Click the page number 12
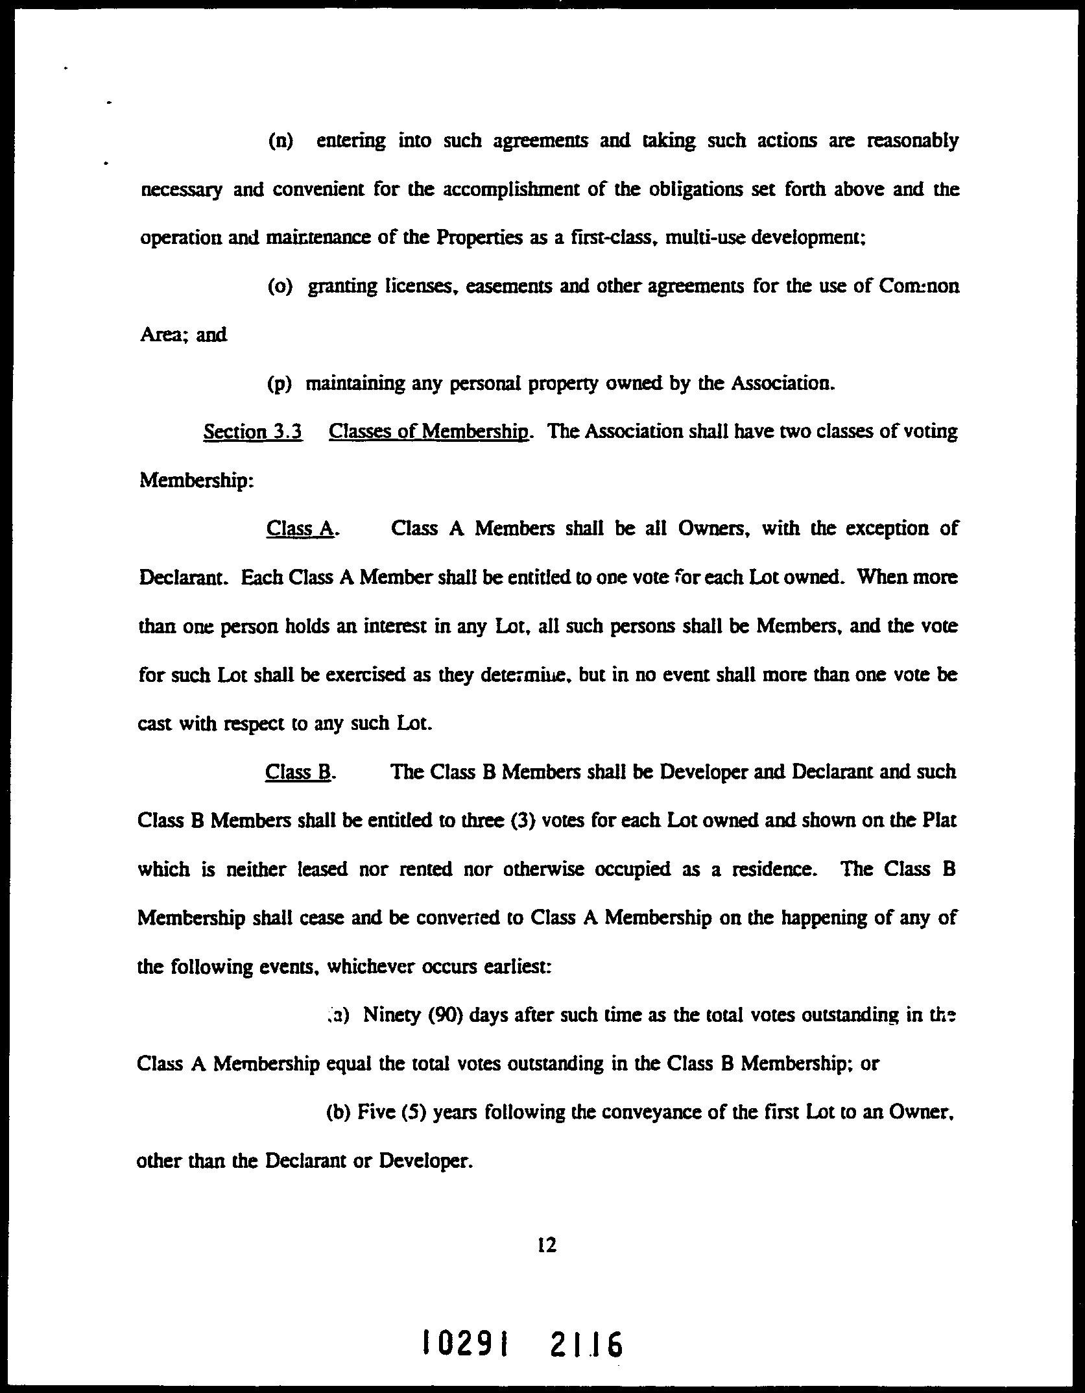(x=547, y=1245)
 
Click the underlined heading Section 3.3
(x=253, y=431)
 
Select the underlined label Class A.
(x=300, y=529)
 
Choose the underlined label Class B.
(x=299, y=772)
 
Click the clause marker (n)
(x=280, y=141)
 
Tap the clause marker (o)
(x=280, y=286)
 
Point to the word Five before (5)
(x=374, y=1112)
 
